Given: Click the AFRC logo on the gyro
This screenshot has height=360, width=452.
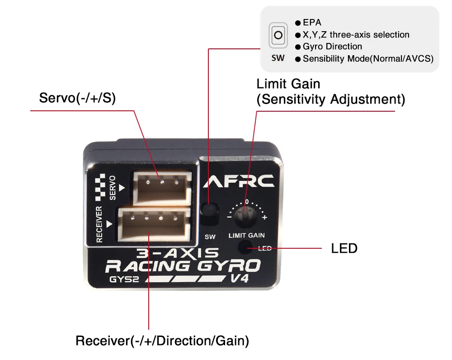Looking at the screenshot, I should coord(239,181).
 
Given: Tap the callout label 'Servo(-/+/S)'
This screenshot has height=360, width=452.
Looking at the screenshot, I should coord(77,98).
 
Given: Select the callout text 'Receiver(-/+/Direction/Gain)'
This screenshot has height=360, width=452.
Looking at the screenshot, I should coord(162,341).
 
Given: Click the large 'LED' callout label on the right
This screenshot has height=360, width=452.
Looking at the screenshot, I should coord(344,248).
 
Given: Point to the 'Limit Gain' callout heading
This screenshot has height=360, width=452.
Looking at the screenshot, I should coord(288,84).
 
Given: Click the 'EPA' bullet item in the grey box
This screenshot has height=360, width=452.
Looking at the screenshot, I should coord(312,22).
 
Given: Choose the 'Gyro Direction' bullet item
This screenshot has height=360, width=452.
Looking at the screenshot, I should coord(332,47).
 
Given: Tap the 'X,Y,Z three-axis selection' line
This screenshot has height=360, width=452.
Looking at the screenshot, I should coord(356,34).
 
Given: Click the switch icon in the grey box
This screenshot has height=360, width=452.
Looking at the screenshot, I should coord(278,35).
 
